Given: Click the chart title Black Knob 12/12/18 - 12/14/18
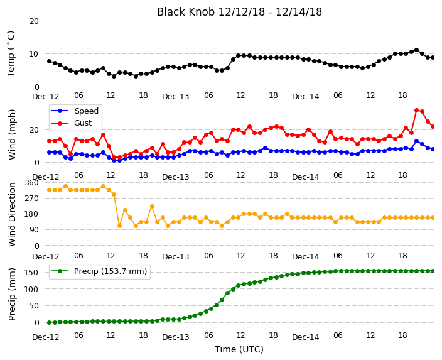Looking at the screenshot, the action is [x=239, y=12].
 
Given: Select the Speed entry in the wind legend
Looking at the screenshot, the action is [x=75, y=111].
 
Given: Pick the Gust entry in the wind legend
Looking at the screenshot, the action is [x=72, y=123].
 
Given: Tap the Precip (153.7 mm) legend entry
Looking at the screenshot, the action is [x=99, y=271].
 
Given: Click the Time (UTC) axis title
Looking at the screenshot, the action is [x=239, y=349].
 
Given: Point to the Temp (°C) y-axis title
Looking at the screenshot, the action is [x=11, y=54].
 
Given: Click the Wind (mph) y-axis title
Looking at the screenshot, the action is [x=12, y=134].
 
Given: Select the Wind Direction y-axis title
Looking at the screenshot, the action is [x=12, y=214].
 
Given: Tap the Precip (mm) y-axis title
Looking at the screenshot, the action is [x=12, y=294].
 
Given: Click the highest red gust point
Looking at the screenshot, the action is [x=417, y=111].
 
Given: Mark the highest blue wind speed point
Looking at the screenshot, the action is [x=417, y=141].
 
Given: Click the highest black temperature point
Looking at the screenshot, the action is [x=417, y=50].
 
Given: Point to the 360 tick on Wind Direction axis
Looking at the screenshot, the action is [x=31, y=183].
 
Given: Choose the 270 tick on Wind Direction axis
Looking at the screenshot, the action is [x=31, y=199].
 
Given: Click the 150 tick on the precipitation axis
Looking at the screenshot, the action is [x=31, y=273].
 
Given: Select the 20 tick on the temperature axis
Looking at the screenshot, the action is [x=34, y=21].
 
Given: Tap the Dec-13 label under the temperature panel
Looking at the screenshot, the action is [x=176, y=97].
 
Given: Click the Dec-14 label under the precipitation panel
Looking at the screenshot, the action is [x=306, y=337].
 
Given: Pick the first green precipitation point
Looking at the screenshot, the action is [x=50, y=322].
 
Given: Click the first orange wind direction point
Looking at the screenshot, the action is [x=50, y=190].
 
